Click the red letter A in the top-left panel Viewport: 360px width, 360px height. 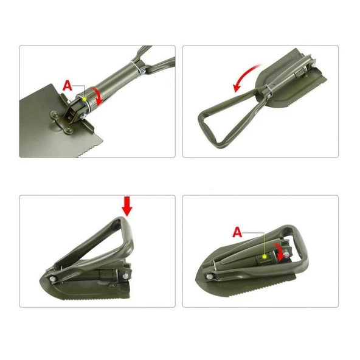click(67, 85)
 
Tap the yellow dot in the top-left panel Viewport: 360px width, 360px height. click(85, 99)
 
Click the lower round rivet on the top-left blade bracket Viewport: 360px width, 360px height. click(68, 131)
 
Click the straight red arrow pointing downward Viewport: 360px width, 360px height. click(127, 206)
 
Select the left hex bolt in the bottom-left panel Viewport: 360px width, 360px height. click(52, 279)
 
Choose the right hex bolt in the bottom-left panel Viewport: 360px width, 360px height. click(125, 275)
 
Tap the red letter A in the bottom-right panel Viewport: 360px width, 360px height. click(237, 232)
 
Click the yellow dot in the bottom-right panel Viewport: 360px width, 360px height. click(264, 256)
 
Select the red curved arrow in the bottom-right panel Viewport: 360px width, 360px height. click(279, 252)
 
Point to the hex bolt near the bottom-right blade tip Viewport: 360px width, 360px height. click(209, 276)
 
